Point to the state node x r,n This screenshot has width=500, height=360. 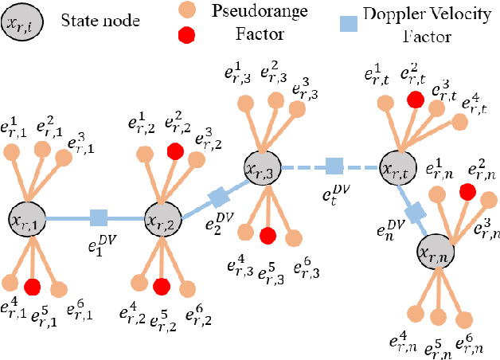[437, 252]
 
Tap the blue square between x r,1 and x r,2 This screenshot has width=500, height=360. [98, 217]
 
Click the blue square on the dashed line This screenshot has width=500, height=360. [334, 167]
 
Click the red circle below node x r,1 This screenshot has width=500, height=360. [33, 286]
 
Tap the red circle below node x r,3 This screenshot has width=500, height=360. [268, 235]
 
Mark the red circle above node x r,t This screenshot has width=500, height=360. [414, 100]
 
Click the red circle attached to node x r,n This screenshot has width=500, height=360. [468, 191]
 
